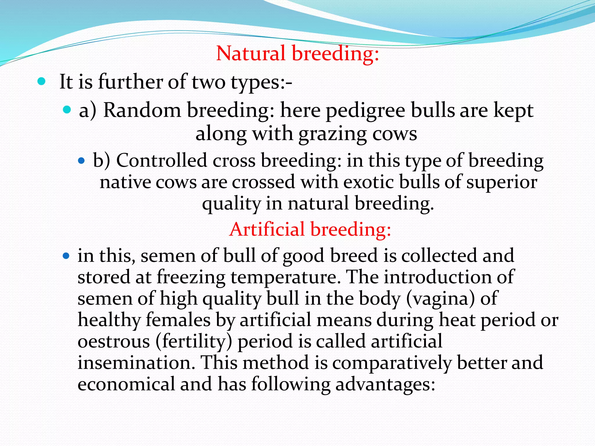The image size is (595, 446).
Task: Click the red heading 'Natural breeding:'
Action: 297,54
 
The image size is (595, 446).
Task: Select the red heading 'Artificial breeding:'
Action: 310,229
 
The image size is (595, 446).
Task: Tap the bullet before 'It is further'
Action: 42,82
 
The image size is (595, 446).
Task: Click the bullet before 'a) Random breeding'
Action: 67,110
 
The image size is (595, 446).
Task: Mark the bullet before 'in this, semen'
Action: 66,256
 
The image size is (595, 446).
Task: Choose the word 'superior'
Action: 502,183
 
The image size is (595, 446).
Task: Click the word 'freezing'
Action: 191,277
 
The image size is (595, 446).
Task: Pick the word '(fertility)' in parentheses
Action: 194,342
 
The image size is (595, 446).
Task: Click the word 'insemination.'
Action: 136,363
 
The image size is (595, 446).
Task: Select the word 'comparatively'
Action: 392,363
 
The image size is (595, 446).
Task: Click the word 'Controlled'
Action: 162,161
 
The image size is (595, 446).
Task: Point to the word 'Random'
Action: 142,110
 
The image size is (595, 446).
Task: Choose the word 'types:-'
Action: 261,82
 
